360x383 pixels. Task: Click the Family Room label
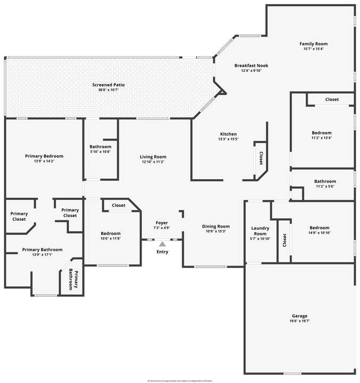pos(313,44)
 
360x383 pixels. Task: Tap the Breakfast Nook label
pos(251,65)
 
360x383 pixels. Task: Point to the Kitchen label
pos(228,134)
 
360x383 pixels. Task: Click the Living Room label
pos(153,157)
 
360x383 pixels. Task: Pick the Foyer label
pos(162,222)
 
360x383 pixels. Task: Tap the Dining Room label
pos(216,227)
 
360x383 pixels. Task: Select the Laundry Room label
pos(260,231)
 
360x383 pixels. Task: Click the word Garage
pos(300,315)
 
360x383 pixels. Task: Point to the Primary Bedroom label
pos(44,156)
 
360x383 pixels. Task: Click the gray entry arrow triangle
pos(162,244)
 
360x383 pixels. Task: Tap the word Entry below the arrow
pos(162,252)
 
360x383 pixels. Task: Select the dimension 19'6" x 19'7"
pos(300,321)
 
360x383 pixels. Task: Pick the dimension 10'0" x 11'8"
pos(111,238)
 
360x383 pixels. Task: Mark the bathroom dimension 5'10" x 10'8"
pos(100,152)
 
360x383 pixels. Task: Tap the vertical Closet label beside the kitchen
pos(261,158)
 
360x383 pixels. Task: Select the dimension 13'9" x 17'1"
pos(42,255)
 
